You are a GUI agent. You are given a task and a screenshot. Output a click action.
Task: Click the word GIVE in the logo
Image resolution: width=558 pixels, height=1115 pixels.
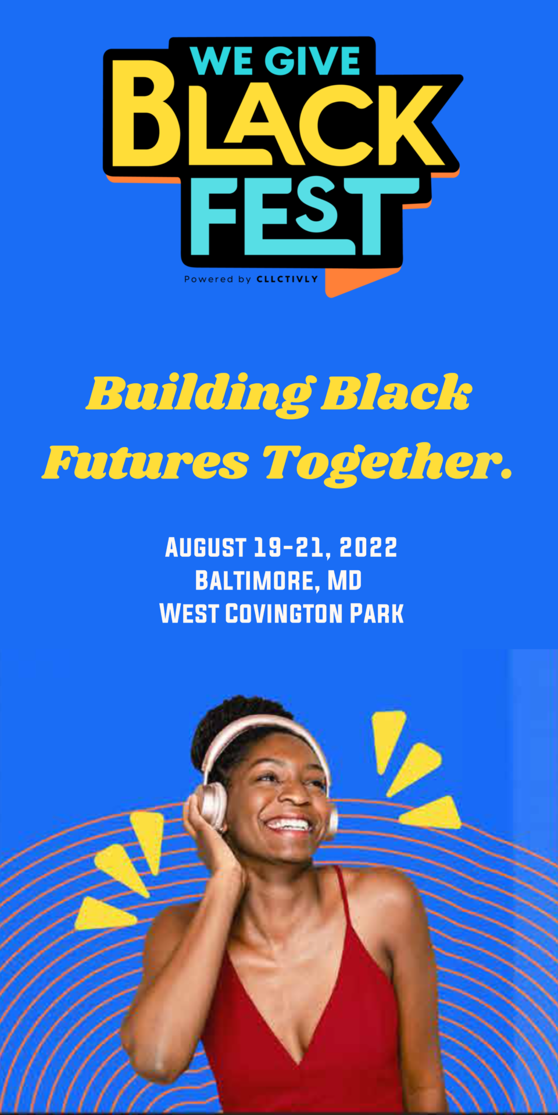[312, 60]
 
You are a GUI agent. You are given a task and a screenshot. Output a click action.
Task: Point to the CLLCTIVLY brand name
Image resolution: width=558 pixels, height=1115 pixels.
[287, 279]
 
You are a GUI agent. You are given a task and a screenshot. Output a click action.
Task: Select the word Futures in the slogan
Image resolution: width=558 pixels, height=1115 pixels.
[146, 463]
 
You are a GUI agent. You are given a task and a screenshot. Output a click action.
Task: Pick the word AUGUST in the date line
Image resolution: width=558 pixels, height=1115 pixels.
[206, 548]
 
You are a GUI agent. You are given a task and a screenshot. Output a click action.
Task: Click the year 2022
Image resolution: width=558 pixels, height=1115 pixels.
[369, 548]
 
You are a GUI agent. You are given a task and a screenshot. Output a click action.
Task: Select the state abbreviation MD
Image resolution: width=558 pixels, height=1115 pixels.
[345, 581]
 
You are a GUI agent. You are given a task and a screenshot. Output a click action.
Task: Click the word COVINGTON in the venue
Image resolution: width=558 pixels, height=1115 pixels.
[284, 614]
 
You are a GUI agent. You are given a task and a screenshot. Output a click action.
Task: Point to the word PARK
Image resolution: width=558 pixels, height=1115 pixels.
[377, 614]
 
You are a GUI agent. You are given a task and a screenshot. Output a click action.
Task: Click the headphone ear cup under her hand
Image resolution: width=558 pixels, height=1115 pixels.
[212, 804]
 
